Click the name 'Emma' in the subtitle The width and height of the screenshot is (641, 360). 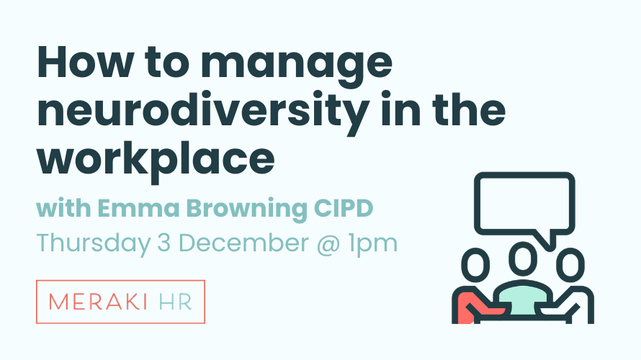pyautogui.click(x=138, y=208)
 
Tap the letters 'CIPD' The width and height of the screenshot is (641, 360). pyautogui.click(x=344, y=208)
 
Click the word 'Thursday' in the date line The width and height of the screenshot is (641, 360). pyautogui.click(x=93, y=244)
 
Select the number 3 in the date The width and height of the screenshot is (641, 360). pyautogui.click(x=163, y=243)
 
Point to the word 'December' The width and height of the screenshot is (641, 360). pyautogui.click(x=243, y=243)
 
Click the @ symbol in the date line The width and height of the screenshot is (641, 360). pyautogui.click(x=328, y=244)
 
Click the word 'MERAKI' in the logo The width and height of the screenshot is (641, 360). pyautogui.click(x=98, y=302)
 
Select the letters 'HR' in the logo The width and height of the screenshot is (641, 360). pyautogui.click(x=175, y=302)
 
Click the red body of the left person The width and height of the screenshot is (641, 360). pyautogui.click(x=466, y=308)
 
